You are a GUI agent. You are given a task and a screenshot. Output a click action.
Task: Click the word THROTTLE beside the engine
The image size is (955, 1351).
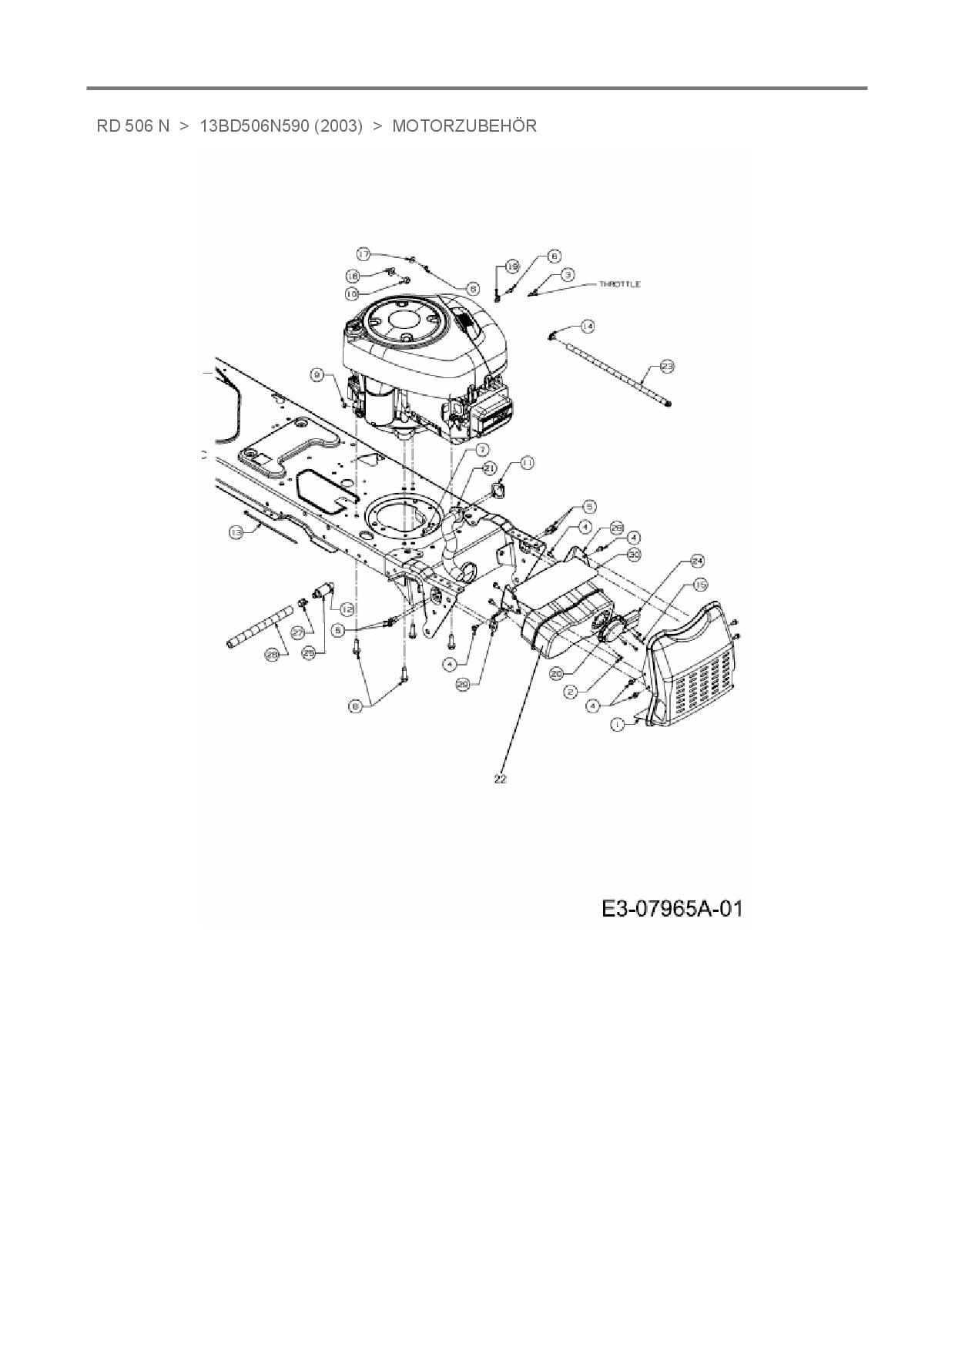click(x=620, y=284)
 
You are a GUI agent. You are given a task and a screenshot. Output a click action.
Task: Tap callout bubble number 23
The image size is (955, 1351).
click(x=666, y=367)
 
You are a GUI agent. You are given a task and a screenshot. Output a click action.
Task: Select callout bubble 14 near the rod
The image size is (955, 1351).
click(x=588, y=327)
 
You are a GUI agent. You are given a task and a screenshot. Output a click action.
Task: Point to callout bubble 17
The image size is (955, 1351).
click(x=364, y=253)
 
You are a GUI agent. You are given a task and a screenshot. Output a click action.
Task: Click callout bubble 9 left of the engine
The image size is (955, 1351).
click(x=317, y=374)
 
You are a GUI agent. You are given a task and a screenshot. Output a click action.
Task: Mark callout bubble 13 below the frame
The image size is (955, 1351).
click(x=236, y=531)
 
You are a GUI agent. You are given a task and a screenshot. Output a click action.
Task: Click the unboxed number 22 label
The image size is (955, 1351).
click(x=500, y=779)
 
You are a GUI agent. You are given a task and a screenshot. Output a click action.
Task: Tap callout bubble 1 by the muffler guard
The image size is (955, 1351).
click(x=617, y=724)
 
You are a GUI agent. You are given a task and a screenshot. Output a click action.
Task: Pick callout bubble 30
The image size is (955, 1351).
click(x=635, y=554)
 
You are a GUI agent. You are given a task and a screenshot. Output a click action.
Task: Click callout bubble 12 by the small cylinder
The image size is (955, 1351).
click(x=347, y=609)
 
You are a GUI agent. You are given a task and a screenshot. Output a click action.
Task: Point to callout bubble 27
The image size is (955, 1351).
click(x=297, y=632)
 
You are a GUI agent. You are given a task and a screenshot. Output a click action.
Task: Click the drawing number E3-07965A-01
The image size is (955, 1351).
click(x=672, y=909)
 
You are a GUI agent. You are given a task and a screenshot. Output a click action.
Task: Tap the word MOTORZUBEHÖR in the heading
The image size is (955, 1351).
click(x=464, y=126)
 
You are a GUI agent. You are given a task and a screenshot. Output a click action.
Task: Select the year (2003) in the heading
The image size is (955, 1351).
click(x=338, y=126)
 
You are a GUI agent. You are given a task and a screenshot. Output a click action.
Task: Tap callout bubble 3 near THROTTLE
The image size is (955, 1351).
click(x=567, y=274)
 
